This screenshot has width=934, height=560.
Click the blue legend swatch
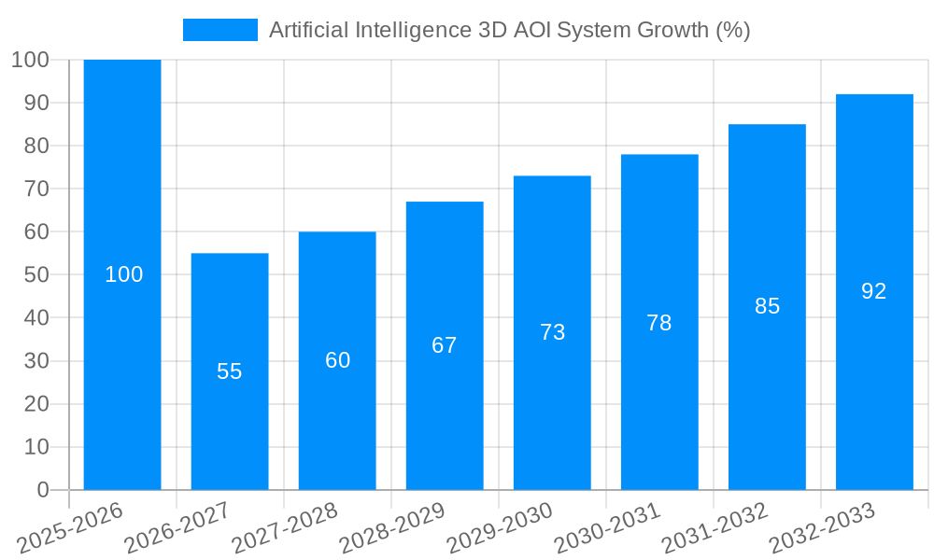pyautogui.click(x=220, y=30)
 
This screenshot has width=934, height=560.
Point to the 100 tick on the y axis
pyautogui.click(x=30, y=60)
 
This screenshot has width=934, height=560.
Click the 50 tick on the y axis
pyautogui.click(x=36, y=275)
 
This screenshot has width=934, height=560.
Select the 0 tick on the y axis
pyautogui.click(x=43, y=490)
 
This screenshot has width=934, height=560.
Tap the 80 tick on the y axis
pyautogui.click(x=36, y=146)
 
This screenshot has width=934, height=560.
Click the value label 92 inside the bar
pyautogui.click(x=873, y=291)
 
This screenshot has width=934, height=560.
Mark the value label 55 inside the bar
pyautogui.click(x=230, y=371)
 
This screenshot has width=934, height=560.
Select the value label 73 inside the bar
pyautogui.click(x=552, y=332)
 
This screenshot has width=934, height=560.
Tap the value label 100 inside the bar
pyautogui.click(x=123, y=274)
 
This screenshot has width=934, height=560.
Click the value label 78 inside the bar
pyautogui.click(x=659, y=323)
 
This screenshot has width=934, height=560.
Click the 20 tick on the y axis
pyautogui.click(x=36, y=404)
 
